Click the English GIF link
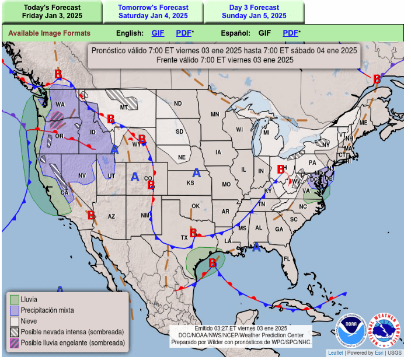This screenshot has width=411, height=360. click(158, 33)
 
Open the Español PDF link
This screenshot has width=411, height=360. click(291, 33)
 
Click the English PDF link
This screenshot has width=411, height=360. click(184, 33)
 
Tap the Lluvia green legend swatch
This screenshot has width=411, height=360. click(14, 300)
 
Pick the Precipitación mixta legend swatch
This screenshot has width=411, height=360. click(14, 310)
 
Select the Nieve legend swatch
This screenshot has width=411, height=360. click(14, 321)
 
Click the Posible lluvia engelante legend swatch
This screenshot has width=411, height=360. click(14, 342)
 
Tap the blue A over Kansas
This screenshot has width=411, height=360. click(197, 172)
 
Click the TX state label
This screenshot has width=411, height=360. click(184, 238)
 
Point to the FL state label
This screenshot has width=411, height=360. click(287, 258)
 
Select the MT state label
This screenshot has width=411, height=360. click(124, 108)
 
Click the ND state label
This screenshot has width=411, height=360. click(178, 104)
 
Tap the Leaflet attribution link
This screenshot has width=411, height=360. click(335, 353)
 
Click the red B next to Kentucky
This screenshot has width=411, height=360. click(280, 169)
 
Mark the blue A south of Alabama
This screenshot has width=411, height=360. click(256, 247)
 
